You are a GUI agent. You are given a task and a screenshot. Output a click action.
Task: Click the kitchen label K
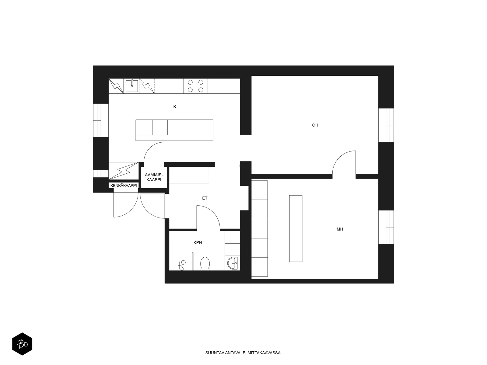coord(175,106)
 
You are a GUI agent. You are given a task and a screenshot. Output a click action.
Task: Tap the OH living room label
coord(315,125)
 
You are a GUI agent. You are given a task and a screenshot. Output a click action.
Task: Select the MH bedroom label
coord(340,229)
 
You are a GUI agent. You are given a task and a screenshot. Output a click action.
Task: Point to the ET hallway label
coord(205,198)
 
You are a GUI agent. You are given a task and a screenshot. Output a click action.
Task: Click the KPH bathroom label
coord(198,242)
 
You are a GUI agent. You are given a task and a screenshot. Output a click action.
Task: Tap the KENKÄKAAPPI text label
coord(124,186)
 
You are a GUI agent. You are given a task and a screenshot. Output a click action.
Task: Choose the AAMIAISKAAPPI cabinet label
coord(154,177)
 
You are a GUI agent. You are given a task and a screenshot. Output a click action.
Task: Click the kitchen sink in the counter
coord(132,86)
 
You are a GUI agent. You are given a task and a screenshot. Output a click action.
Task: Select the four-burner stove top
coord(195,86)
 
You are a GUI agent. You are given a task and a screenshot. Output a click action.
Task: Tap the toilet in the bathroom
coord(205,263)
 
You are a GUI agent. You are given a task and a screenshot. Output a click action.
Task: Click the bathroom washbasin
coord(232,263)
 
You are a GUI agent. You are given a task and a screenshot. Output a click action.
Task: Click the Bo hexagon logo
coord(22,344)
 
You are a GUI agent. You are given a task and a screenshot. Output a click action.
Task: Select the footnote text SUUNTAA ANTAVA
coord(223,353)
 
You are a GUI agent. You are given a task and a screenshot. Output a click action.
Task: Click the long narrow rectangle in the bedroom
coord(296,228)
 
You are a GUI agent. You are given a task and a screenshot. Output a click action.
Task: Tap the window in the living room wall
coord(386,125)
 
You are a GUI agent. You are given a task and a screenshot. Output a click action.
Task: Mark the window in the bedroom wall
coord(386,227)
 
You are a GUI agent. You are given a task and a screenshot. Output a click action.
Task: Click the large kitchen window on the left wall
coord(101,120)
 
